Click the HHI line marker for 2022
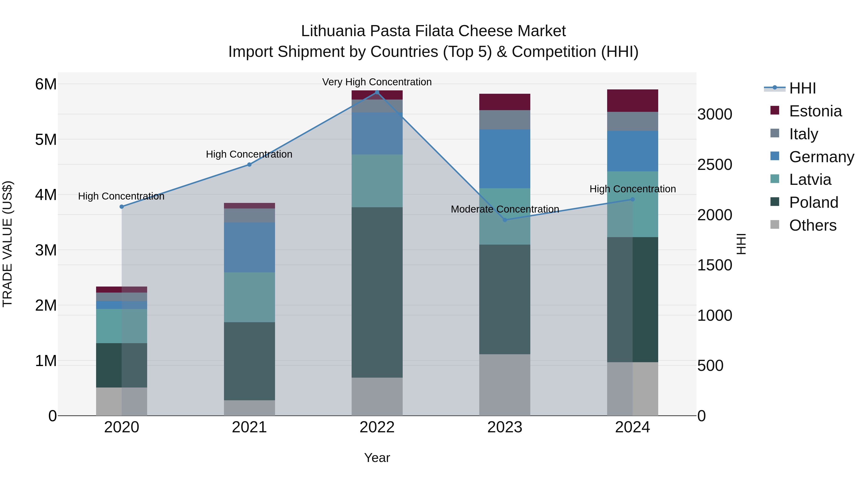377,92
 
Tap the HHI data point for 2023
505,220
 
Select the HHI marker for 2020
122,207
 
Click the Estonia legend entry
815,111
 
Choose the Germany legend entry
821,157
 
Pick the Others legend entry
813,225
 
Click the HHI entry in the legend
802,88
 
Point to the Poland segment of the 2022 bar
377,292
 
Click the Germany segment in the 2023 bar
505,159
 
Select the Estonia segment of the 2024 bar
632,101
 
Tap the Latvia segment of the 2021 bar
250,297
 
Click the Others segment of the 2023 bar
505,385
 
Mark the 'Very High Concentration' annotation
377,82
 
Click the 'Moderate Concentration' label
505,209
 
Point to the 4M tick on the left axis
46,195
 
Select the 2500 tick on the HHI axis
714,165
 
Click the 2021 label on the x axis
250,427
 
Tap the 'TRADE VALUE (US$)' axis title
8,244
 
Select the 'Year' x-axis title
377,458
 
